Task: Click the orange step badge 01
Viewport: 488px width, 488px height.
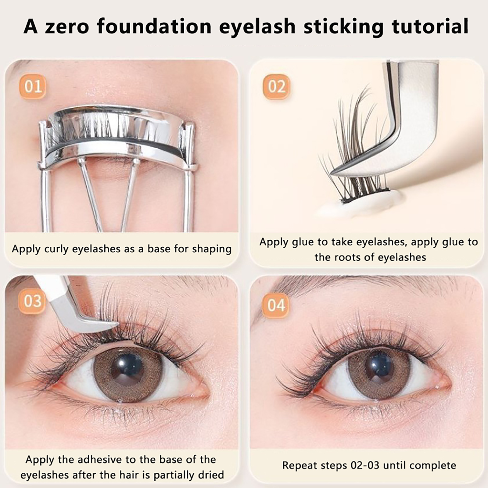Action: click(x=33, y=87)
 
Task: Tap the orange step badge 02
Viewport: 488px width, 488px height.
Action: click(x=276, y=87)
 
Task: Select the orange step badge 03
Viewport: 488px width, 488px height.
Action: click(x=33, y=301)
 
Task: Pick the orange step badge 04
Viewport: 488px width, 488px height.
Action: click(x=276, y=305)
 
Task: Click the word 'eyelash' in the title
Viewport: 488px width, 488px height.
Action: click(x=257, y=27)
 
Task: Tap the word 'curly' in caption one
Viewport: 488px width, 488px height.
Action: click(x=56, y=249)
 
